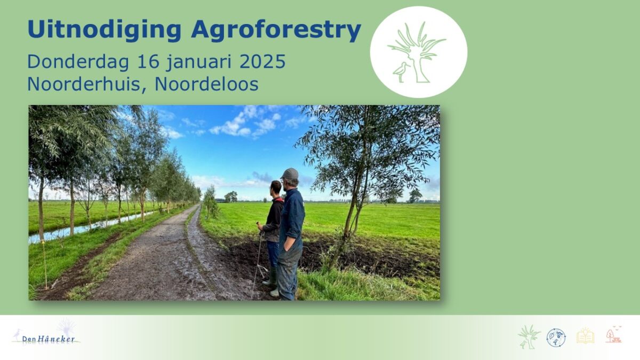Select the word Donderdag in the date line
[x=78, y=62]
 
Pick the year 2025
[x=262, y=61]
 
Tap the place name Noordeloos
[x=206, y=84]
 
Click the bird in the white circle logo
[x=401, y=71]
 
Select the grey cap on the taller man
[x=290, y=174]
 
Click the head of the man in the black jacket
[x=276, y=188]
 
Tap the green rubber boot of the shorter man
[x=270, y=276]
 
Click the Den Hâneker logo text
[x=49, y=339]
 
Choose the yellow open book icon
[x=585, y=337]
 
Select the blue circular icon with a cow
[x=556, y=338]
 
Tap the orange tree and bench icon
[x=614, y=334]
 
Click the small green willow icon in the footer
[x=529, y=337]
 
